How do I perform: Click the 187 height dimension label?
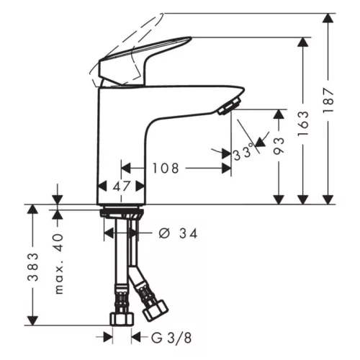tap(328, 100)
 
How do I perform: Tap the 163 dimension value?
tap(303, 124)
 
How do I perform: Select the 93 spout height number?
tap(279, 145)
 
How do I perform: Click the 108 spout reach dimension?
tap(166, 168)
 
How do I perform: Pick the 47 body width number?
tap(121, 186)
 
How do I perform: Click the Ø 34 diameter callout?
tap(178, 233)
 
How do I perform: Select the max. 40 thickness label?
tap(58, 264)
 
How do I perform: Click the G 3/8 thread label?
tap(171, 338)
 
